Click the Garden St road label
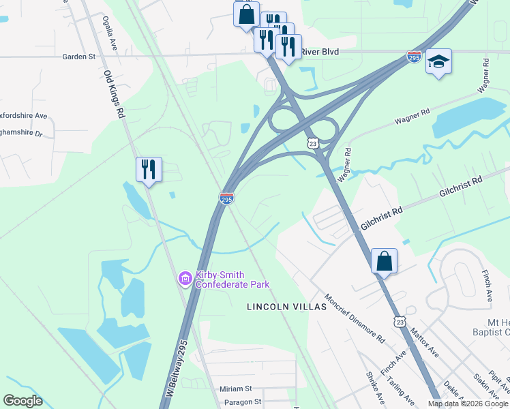point(79,57)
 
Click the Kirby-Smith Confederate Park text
point(232,279)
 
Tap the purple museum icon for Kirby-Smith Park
point(184,278)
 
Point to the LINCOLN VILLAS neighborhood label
point(287,307)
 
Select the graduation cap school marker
point(438,63)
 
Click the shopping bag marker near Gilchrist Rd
point(384,261)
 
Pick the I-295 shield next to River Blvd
point(414,57)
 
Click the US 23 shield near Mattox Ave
point(400,321)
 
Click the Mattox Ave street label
point(424,344)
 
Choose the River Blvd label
point(320,51)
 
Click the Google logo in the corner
point(22,401)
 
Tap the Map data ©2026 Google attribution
point(468,404)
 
